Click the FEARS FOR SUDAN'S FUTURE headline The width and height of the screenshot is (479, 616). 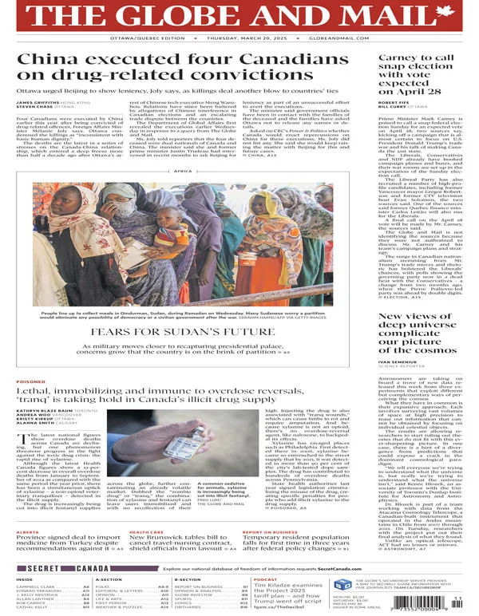[183, 330]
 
